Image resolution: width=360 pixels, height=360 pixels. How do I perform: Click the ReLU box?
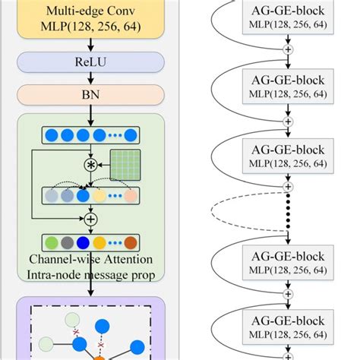pos(90,62)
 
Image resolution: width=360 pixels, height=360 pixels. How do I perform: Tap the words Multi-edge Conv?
pos(90,11)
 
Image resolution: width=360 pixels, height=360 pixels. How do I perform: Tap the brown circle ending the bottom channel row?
pos(130,242)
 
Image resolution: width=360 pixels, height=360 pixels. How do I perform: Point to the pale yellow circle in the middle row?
pos(101,195)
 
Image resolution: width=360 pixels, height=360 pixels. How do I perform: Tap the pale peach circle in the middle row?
pos(130,195)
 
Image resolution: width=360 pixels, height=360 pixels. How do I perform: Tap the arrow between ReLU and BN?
pos(90,77)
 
